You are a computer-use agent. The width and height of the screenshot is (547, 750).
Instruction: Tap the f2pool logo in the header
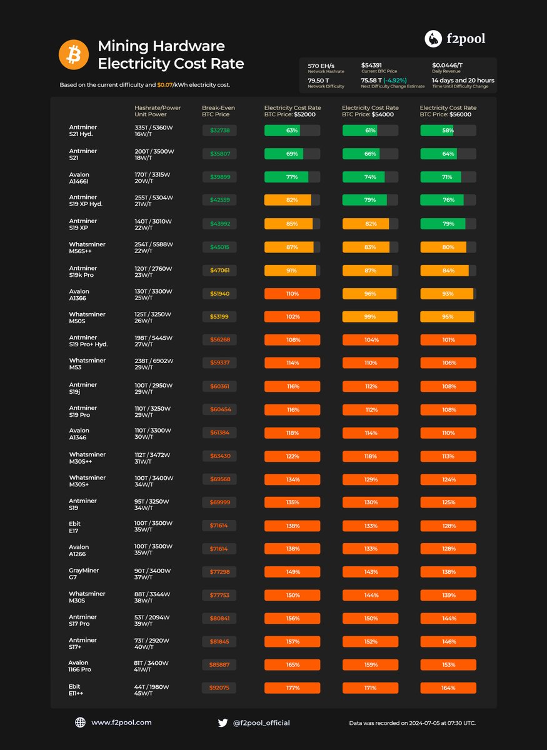click(454, 39)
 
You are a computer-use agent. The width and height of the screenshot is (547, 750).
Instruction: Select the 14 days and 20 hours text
click(463, 80)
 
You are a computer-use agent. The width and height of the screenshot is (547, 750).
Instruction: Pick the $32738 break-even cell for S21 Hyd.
click(219, 131)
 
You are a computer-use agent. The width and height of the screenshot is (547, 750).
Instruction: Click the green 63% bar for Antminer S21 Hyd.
click(292, 131)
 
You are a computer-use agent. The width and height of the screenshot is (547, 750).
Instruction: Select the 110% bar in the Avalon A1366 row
click(292, 293)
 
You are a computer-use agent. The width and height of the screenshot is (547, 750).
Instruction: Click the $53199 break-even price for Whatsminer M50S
click(219, 317)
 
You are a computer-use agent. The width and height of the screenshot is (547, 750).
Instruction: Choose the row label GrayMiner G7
click(84, 574)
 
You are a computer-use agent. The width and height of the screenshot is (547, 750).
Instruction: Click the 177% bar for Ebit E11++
click(292, 687)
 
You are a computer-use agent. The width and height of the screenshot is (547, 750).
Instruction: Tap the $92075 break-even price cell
click(219, 687)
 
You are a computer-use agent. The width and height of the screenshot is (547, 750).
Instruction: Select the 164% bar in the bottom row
click(448, 687)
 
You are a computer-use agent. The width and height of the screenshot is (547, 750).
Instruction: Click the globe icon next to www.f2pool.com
click(80, 722)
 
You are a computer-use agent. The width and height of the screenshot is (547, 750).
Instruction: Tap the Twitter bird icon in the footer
click(223, 722)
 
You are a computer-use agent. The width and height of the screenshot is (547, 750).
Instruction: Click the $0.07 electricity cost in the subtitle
click(165, 84)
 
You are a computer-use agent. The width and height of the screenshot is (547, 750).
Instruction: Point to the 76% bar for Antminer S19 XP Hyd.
click(448, 200)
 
